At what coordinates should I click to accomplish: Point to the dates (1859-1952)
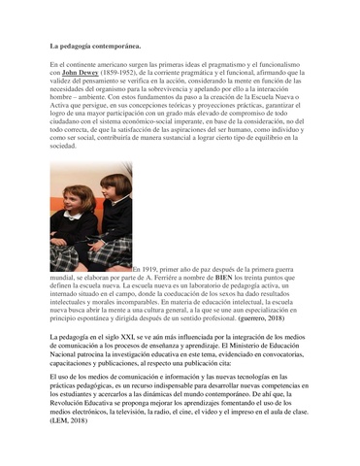127,73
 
